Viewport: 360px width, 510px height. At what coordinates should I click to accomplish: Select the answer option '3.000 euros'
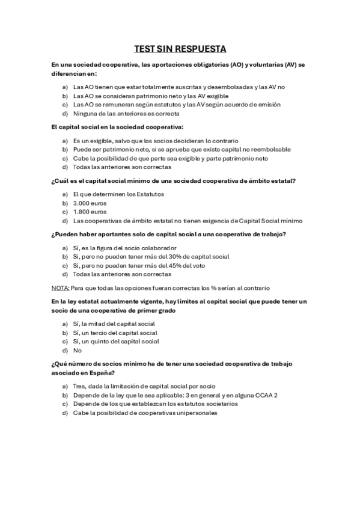[x=90, y=203]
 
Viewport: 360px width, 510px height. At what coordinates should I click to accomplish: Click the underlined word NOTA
[x=59, y=287]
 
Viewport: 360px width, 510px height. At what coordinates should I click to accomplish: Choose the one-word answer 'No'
[x=77, y=350]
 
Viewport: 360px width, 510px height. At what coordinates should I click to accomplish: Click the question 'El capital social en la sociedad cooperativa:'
[x=117, y=127]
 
